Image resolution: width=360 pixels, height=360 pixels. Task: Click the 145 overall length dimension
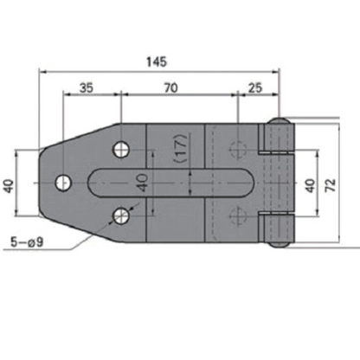(157, 62)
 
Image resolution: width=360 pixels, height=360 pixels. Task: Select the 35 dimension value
(87, 87)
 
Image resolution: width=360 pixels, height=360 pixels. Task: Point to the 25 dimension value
(254, 87)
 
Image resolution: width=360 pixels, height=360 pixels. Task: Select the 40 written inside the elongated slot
(141, 183)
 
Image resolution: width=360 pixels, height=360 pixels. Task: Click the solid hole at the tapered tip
(63, 183)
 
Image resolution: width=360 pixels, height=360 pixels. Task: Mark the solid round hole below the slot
(123, 215)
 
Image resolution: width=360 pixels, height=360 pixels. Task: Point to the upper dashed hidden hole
(236, 149)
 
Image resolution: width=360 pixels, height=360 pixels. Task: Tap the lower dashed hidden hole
(236, 215)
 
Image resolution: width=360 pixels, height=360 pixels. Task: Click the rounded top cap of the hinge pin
(279, 122)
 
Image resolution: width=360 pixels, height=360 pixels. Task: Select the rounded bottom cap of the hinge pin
(279, 245)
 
